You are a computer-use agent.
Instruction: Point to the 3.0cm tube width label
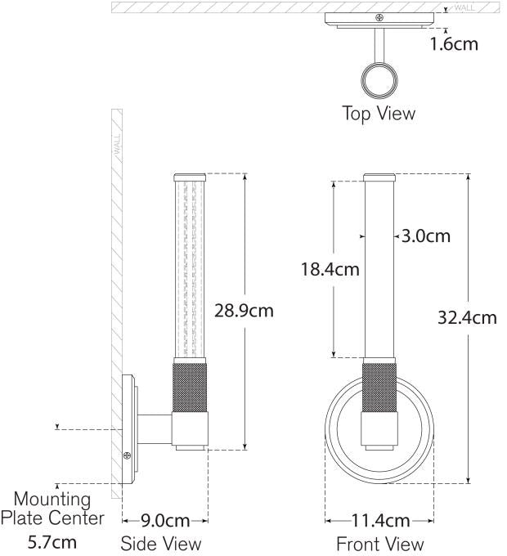[427, 235]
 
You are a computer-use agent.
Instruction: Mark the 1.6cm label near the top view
[454, 43]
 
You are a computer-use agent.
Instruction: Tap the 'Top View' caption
[378, 114]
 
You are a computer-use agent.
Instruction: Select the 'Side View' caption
[160, 543]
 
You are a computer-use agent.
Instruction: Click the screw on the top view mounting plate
[378, 16]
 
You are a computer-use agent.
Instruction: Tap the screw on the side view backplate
[126, 457]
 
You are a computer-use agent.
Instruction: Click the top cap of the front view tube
[379, 177]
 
